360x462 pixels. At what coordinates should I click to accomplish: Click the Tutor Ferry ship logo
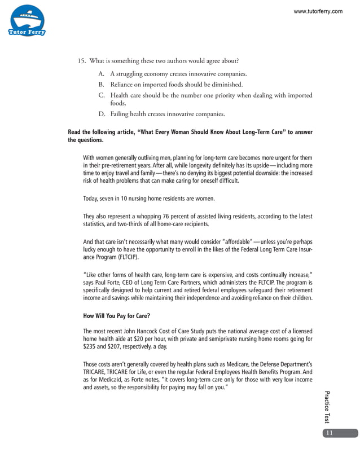pos(27,21)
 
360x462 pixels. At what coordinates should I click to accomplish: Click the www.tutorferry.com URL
pos(318,11)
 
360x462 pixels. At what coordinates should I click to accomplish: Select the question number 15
pos(82,61)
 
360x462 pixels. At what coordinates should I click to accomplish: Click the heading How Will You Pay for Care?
pos(117,316)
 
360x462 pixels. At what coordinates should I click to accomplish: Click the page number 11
pos(329,433)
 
